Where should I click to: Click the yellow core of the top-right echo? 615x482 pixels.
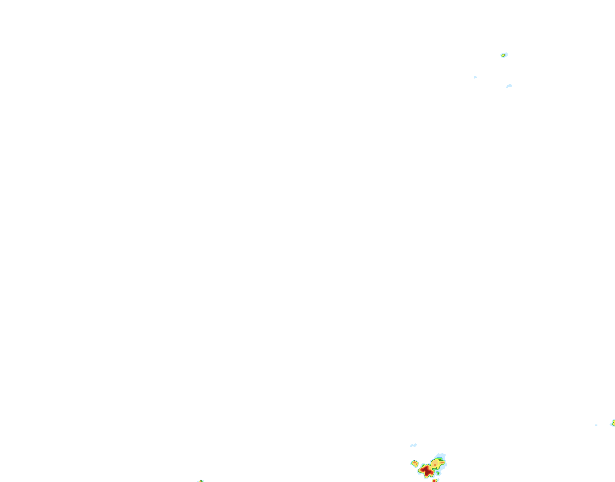pos(503,55)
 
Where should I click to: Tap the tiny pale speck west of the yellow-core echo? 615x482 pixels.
pos(475,77)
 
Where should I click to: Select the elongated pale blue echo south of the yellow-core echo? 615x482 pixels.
pos(509,86)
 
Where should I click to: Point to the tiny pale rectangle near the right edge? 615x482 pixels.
pos(596,425)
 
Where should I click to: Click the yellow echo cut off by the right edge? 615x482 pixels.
pos(614,422)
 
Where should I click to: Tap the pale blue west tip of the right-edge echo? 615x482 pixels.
pos(611,424)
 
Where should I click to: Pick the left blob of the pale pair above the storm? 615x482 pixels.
pos(412,446)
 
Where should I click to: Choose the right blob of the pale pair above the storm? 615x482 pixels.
pos(415,445)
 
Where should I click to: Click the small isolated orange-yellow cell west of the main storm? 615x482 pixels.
pos(415,463)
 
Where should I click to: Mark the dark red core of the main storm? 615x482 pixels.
pos(427,471)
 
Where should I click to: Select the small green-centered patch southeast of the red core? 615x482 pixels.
pos(438,473)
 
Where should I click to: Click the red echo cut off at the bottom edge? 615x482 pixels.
pos(434,481)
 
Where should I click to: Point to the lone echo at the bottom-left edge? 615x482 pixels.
pos(201,481)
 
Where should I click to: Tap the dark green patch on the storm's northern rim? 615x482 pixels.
pos(440,459)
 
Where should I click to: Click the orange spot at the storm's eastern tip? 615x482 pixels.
pos(442,462)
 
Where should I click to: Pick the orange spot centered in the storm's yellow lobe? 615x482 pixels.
pos(435,465)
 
